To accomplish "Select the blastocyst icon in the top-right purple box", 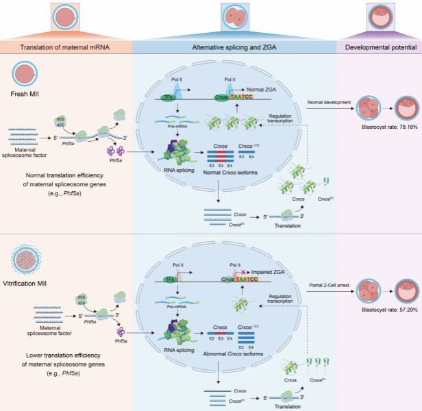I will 379,16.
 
